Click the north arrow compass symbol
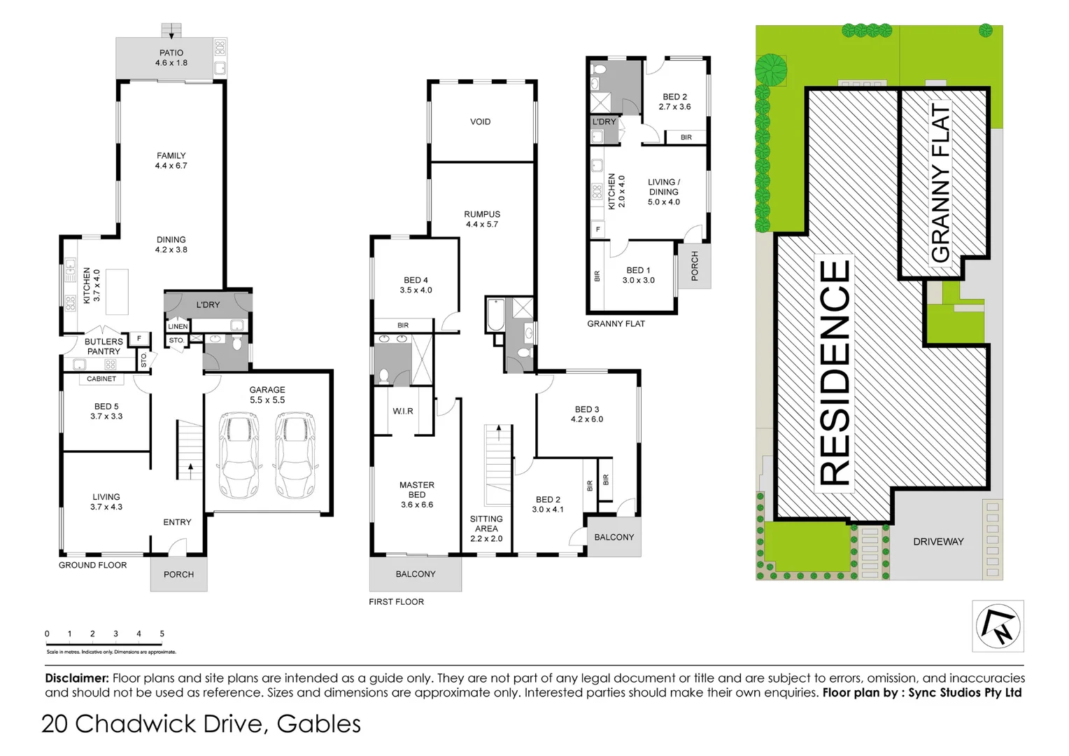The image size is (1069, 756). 998,626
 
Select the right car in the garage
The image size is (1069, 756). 295,454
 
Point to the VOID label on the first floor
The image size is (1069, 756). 480,122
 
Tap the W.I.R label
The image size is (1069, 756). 403,411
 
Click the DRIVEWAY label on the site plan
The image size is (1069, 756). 938,542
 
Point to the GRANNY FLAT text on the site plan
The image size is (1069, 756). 941,183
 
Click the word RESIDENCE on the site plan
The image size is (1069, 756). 835,372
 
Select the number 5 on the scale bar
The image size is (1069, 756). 162,633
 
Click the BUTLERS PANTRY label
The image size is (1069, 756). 104,346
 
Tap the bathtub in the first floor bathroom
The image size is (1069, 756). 495,315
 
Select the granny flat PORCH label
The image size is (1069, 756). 695,266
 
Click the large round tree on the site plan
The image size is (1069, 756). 771,69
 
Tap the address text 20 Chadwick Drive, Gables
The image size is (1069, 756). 201,724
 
